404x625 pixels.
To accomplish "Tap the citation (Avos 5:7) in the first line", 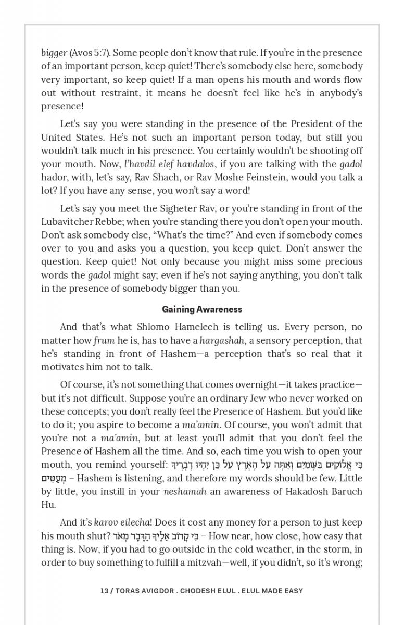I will (x=90, y=53).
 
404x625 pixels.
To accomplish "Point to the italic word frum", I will (x=104, y=341).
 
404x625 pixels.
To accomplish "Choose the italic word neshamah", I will (x=185, y=492).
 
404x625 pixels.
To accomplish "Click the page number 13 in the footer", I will (x=104, y=591).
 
